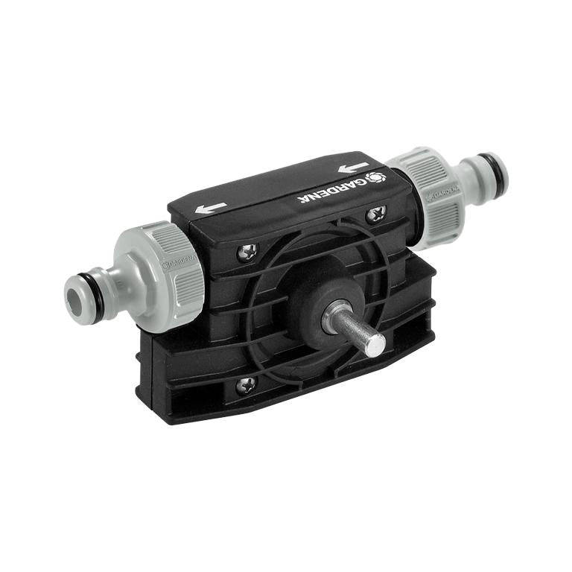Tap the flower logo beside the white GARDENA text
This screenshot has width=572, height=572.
click(x=375, y=178)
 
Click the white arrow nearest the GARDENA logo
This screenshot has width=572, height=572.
click(x=353, y=168)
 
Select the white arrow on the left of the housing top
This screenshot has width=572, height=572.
click(x=211, y=208)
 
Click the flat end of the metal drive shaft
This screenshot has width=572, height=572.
click(x=375, y=344)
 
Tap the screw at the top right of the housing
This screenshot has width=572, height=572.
click(x=376, y=214)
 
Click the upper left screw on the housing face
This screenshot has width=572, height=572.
click(x=247, y=251)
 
